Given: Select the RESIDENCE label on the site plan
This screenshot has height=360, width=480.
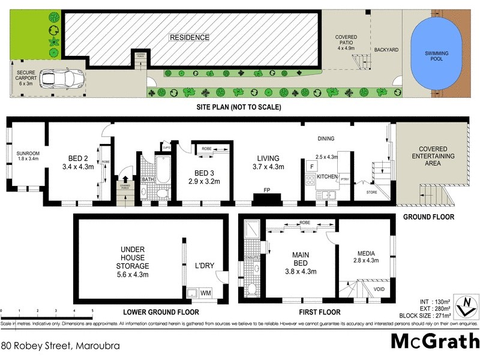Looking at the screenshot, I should click(190, 38).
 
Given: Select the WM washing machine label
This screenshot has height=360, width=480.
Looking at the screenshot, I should click(206, 293).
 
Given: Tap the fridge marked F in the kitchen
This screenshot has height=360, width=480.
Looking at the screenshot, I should click(311, 166).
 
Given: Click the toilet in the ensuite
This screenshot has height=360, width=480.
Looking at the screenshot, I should click(253, 290).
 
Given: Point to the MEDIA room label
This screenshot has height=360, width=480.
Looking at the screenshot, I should click(365, 253).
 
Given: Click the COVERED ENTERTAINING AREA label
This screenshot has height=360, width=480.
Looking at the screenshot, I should click(436, 156).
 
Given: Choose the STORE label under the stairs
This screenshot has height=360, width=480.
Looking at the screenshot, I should click(364, 193).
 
